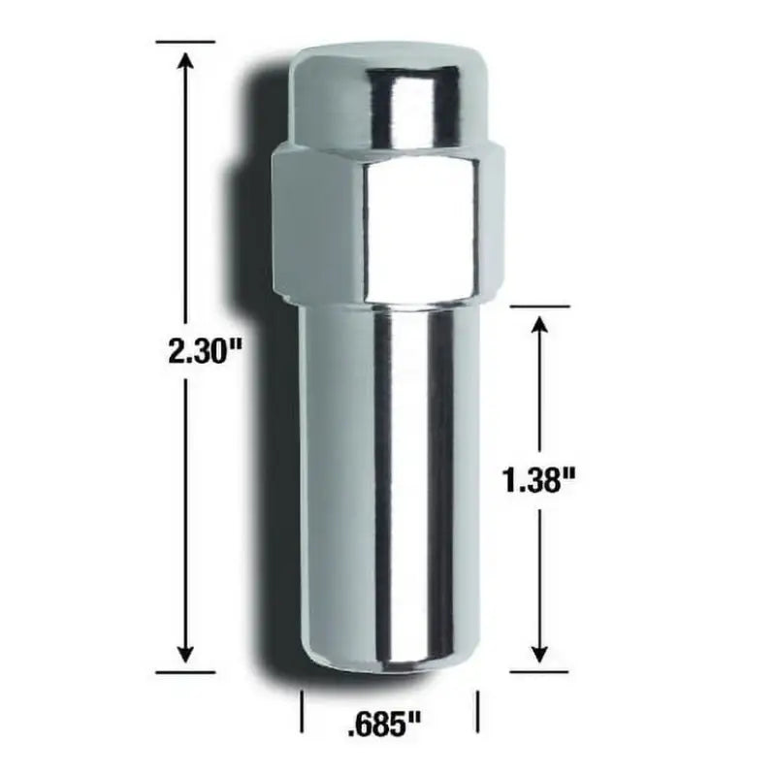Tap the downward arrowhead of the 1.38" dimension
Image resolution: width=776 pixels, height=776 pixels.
[x=541, y=652]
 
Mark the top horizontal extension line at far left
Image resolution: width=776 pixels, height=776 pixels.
[x=184, y=42]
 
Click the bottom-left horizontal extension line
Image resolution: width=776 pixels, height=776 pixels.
[x=184, y=670]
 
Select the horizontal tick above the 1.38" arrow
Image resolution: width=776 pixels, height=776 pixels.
[x=539, y=307]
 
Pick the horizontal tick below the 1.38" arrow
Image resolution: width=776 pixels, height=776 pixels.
[x=539, y=670]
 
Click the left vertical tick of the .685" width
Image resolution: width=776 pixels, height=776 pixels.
[x=304, y=713]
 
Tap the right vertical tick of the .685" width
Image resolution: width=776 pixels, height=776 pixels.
[x=476, y=713]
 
